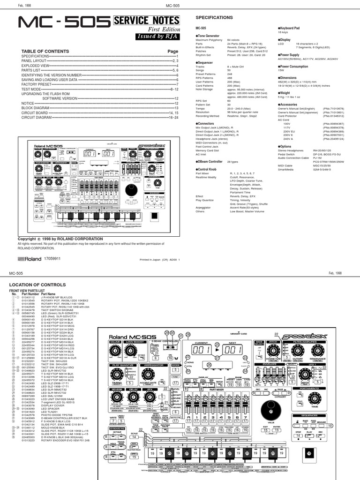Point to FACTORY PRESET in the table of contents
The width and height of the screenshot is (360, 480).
(36, 84)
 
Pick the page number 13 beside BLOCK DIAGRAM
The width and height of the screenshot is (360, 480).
(176, 108)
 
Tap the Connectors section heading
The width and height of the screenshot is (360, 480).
(208, 124)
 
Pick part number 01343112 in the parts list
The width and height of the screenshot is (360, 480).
(28, 297)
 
